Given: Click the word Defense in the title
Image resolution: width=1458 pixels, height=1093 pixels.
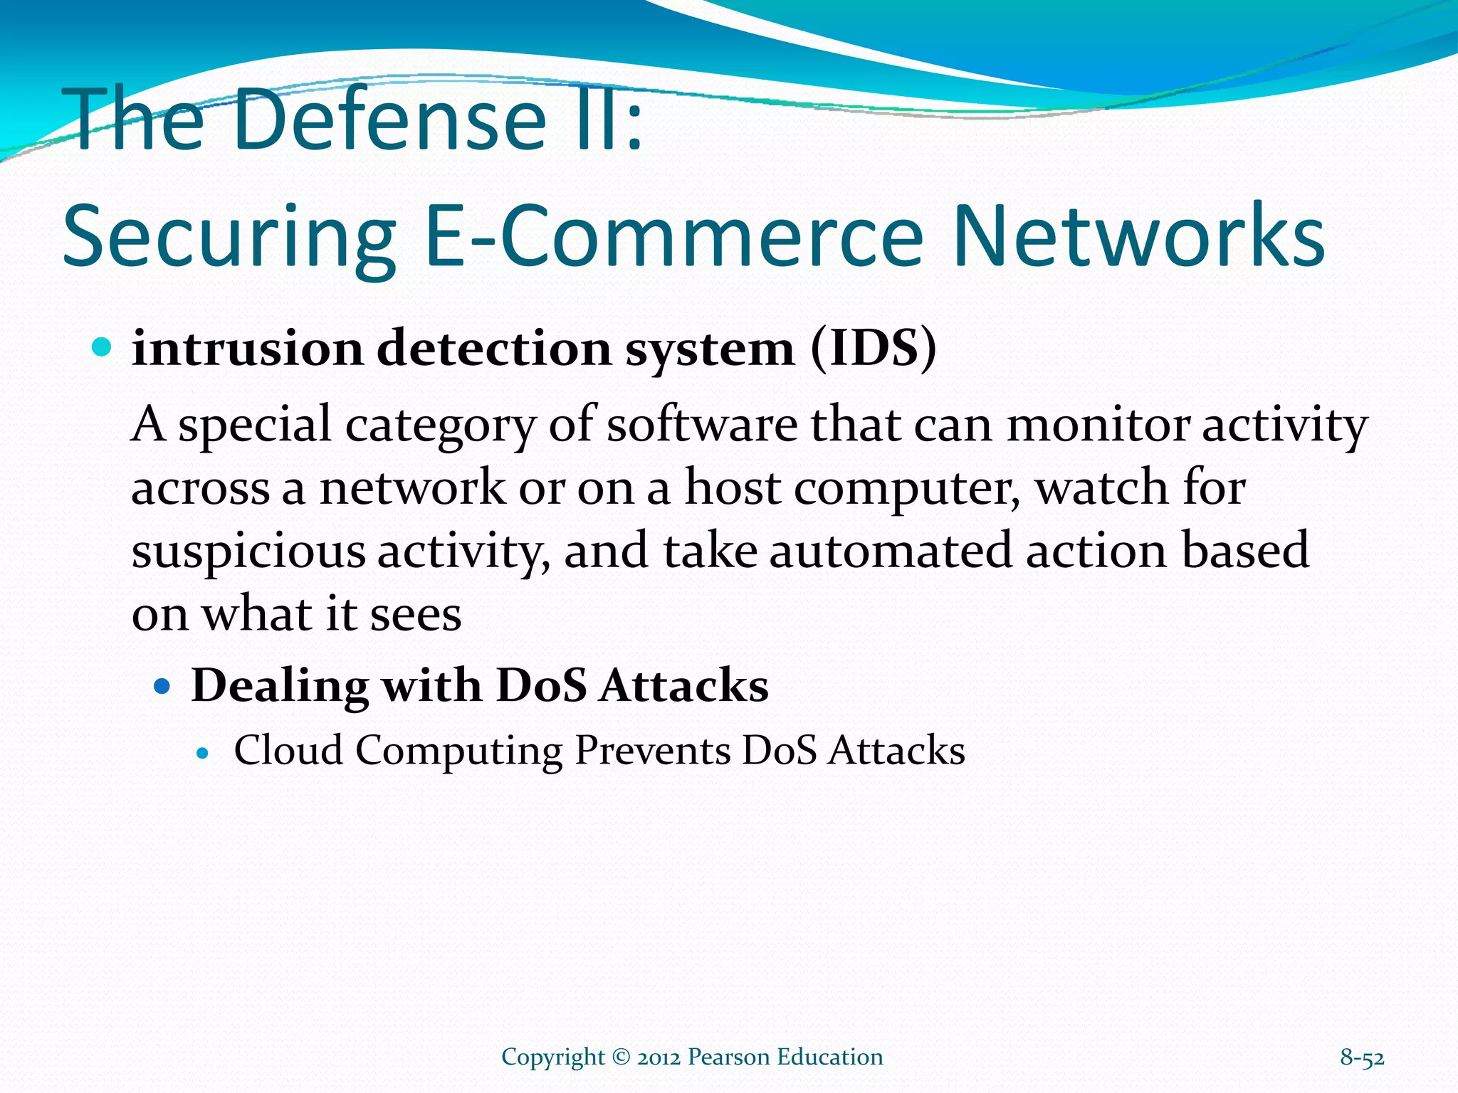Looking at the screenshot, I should tap(388, 120).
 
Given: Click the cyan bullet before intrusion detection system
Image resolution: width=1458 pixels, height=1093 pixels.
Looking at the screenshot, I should tap(103, 347).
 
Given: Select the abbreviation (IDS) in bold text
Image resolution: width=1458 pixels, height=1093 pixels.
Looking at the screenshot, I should tap(874, 349).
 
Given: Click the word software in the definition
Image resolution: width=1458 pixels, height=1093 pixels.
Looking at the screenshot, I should tap(701, 424).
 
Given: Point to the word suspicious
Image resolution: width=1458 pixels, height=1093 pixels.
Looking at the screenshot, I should tap(248, 552).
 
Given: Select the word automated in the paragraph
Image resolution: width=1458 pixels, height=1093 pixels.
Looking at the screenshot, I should tap(890, 551).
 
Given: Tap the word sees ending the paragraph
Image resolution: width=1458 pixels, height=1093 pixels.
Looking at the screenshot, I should tap(416, 614).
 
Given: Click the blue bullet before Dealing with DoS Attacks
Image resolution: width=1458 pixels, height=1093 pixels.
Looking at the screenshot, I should tap(163, 687).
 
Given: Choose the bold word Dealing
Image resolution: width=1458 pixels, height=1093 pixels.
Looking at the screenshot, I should tap(280, 687).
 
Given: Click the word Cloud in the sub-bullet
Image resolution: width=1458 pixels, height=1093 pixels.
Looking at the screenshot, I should tap(288, 750).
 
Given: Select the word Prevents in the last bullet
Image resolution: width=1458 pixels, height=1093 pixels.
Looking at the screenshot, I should tap(652, 750).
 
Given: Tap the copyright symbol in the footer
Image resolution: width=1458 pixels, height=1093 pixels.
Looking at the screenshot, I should tap(621, 1057).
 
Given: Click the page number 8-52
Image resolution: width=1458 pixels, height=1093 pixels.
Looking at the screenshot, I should tap(1362, 1057).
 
